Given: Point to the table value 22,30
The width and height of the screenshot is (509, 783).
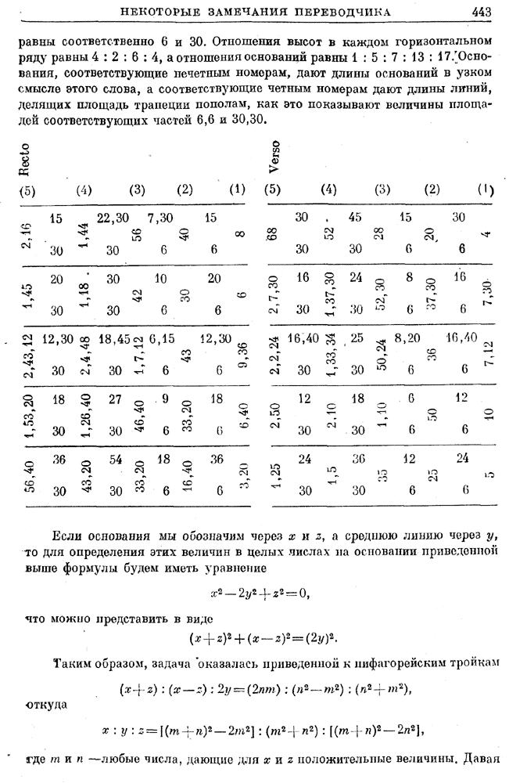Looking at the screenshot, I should click(x=113, y=218).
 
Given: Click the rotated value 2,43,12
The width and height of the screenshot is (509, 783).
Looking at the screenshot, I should click(x=28, y=354).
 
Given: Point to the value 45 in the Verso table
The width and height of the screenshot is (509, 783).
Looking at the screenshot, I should click(x=356, y=218).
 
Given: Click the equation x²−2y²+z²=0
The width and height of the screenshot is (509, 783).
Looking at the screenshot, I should click(x=260, y=594).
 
